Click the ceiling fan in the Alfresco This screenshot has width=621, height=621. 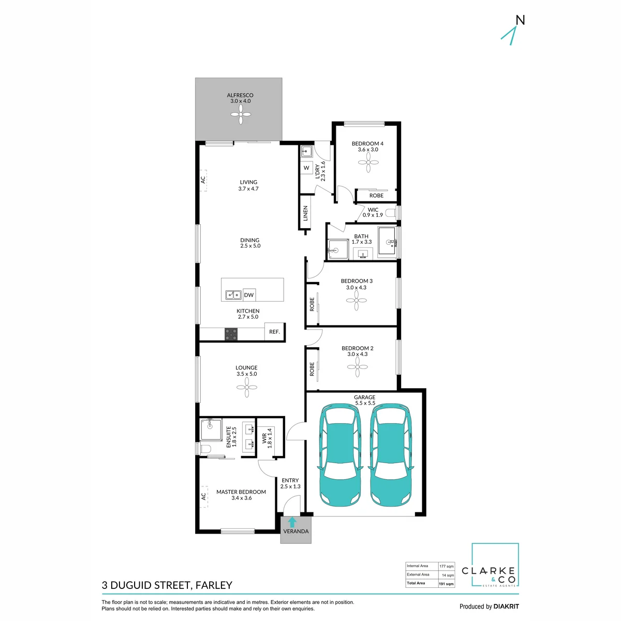coord(241,114)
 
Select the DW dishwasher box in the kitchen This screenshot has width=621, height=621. coord(249,295)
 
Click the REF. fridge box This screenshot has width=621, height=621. coord(274,331)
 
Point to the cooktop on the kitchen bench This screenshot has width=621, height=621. coord(231,334)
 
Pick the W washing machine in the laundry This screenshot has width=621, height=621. coord(306,168)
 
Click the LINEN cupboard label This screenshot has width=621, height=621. coord(305,213)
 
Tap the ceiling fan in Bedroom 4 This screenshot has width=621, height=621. coord(368,162)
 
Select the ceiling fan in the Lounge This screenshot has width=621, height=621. coord(246,387)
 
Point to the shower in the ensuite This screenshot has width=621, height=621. coord(211,430)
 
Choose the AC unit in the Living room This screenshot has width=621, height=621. coord(203,180)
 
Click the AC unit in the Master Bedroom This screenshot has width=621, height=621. coord(203,497)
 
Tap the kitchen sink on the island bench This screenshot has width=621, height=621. coord(233,294)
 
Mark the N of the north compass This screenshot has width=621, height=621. coord(520,20)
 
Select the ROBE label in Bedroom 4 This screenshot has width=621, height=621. coord(376,195)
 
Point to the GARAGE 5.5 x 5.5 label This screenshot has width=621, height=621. coord(365,400)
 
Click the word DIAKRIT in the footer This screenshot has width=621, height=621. coord(506,607)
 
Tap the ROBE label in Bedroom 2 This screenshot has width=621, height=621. coord(312,369)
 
